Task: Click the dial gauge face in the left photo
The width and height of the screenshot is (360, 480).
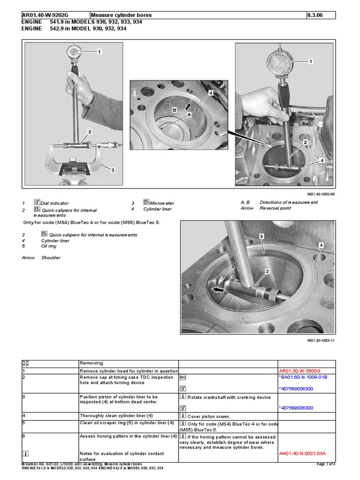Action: point(76,51)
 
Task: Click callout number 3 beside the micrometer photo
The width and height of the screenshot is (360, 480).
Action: point(112,170)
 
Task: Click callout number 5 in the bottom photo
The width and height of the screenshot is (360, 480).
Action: point(262,237)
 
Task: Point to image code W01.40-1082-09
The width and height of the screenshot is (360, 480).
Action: point(321,192)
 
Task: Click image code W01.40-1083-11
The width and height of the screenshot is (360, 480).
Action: point(321,341)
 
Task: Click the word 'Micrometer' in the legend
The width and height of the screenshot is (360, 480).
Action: point(162,203)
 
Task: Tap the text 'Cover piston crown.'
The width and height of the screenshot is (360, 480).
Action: point(210,416)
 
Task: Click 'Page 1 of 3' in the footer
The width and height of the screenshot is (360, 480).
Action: point(323,464)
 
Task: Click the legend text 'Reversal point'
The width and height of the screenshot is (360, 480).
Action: point(275,208)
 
